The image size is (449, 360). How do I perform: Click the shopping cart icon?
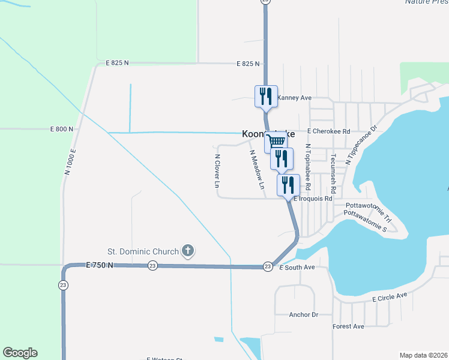click(275, 142)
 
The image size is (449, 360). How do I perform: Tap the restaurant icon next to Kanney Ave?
click(266, 96)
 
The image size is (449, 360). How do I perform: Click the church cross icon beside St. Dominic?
click(188, 251)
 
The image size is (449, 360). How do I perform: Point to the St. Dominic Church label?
click(143, 251)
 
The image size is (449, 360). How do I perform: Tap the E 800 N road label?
click(62, 129)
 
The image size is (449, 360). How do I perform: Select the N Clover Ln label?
click(217, 172)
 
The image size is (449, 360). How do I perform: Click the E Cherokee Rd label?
click(328, 130)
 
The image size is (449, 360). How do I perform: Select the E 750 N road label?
click(99, 265)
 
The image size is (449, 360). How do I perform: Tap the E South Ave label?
click(298, 267)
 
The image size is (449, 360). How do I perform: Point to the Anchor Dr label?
click(303, 314)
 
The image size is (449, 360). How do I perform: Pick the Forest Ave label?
click(348, 326)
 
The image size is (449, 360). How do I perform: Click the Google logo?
click(20, 353)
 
